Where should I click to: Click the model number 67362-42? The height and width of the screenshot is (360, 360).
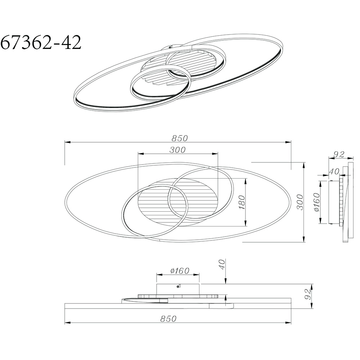pos(41,42)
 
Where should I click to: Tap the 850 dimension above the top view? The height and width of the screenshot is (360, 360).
pos(180,138)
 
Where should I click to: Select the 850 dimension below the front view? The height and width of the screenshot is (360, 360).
pos(168,319)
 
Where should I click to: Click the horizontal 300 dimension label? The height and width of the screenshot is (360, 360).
pos(177,150)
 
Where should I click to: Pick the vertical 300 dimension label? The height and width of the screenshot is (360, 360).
pos(300,202)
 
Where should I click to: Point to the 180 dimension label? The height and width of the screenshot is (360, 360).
pos(242,202)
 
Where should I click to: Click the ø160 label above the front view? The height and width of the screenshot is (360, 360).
pos(180,271)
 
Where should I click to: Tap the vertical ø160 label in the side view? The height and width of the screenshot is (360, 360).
pos(317,202)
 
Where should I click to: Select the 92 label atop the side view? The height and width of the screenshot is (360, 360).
pos(339,154)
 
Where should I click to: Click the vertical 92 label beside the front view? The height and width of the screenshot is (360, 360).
pos(308,294)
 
